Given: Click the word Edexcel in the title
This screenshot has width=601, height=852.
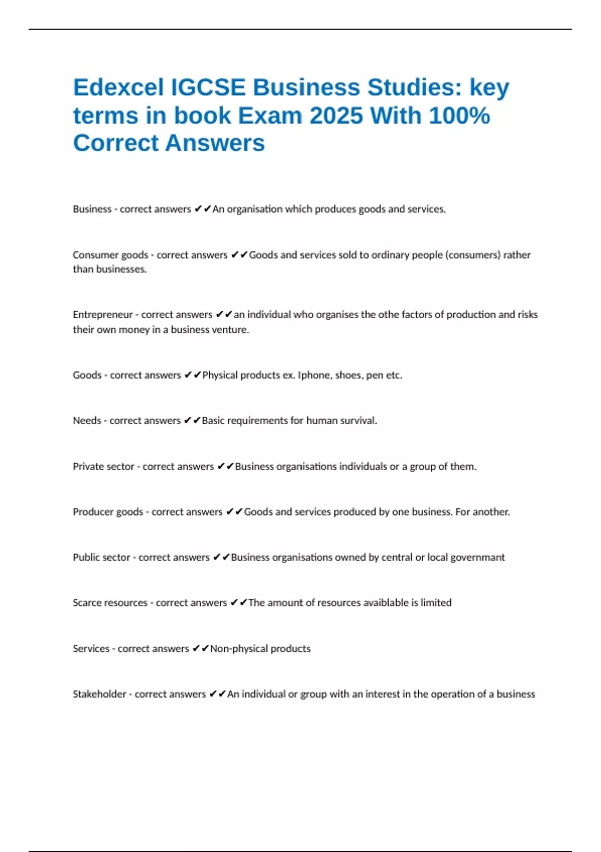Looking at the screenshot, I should [118, 88].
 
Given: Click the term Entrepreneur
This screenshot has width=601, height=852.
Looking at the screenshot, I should [103, 315].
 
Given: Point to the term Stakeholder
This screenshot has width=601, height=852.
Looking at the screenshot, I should [99, 694].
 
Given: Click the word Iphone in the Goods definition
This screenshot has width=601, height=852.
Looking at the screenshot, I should [314, 375].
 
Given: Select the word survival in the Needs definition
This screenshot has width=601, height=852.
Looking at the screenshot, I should [358, 421].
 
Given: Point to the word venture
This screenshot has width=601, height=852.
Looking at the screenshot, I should [230, 330].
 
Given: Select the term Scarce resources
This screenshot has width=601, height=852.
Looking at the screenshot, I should [110, 603].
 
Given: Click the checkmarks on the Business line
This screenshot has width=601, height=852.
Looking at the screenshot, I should [203, 209].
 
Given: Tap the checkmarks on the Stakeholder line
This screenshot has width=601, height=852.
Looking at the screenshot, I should [218, 694].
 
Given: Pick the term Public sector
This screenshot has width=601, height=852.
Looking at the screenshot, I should [101, 557].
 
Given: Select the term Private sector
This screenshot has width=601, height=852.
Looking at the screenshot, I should [103, 467].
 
